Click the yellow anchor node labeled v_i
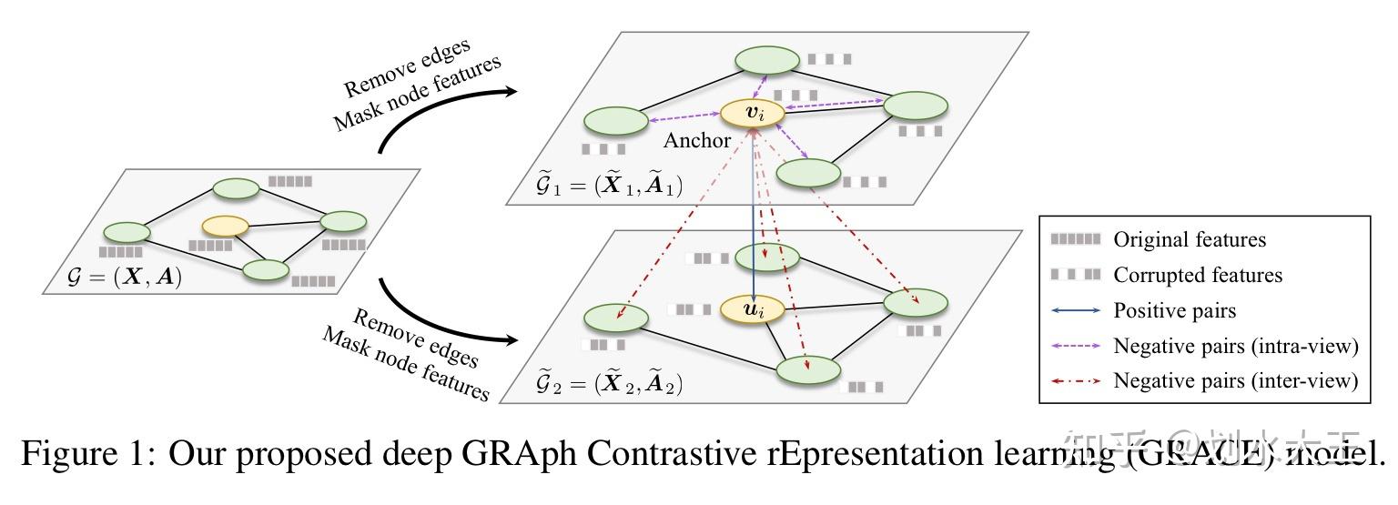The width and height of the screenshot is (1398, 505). pyautogui.click(x=752, y=114)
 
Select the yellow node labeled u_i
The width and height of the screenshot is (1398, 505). pyautogui.click(x=752, y=310)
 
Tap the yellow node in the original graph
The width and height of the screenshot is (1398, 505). pyautogui.click(x=226, y=225)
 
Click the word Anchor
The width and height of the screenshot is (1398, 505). pyautogui.click(x=697, y=140)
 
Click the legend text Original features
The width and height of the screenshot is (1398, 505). pyautogui.click(x=1190, y=239)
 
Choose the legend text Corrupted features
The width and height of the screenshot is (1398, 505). pyautogui.click(x=1197, y=275)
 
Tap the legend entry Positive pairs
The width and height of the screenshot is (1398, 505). pyautogui.click(x=1175, y=310)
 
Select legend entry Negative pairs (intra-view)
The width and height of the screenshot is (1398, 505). pyautogui.click(x=1235, y=346)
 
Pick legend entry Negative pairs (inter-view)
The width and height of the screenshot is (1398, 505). pyautogui.click(x=1235, y=381)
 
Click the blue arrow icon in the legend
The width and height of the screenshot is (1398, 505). pyautogui.click(x=1076, y=310)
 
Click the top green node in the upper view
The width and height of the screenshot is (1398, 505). pyautogui.click(x=767, y=60)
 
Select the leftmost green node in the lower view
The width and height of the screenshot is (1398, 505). pyautogui.click(x=615, y=318)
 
